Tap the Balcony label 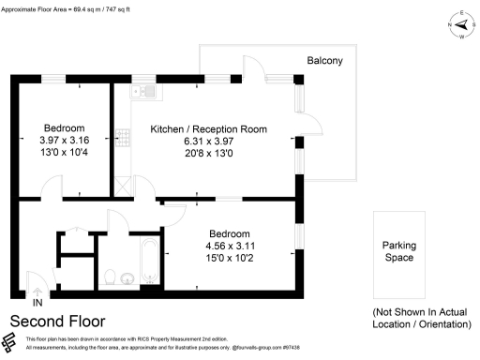point(325,61)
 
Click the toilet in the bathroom point(110,277)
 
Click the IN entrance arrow point(37,302)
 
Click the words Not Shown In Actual point(419,312)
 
